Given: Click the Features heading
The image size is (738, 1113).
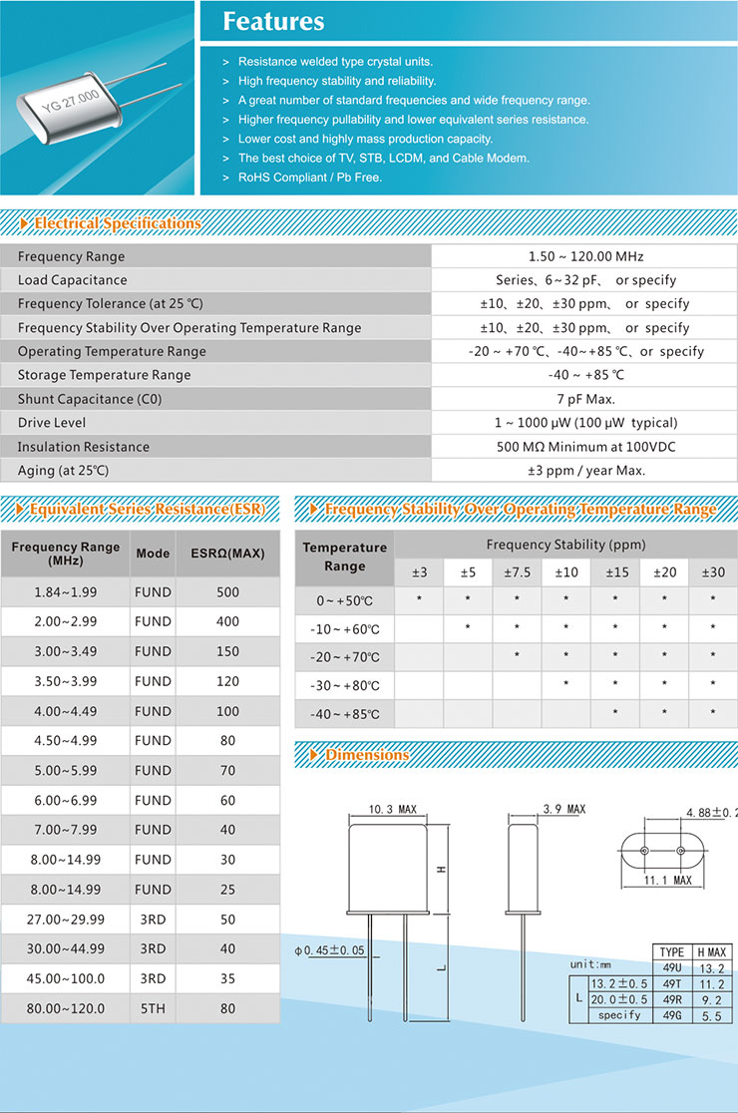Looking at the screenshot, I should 273,21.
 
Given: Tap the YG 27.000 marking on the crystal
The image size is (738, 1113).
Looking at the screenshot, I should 70,101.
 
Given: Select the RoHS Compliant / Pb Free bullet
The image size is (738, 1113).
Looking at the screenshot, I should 310,178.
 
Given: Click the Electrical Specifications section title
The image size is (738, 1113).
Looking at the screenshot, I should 117,223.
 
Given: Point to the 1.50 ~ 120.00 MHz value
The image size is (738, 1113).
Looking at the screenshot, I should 585,256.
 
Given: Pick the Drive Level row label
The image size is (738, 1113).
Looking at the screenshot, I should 52,423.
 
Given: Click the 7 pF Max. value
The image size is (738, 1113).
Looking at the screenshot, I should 585,399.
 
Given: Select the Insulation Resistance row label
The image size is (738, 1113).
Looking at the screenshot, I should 84,447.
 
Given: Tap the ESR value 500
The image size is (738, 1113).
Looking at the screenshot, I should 227,592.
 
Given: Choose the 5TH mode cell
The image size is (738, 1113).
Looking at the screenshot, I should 153,1008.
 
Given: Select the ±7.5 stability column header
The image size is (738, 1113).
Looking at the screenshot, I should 517,572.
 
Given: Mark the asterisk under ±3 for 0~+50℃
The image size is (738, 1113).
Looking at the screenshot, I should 420,600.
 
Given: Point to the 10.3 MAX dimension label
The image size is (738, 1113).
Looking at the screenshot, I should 392,810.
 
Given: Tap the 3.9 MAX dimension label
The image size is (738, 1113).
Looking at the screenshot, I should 564,809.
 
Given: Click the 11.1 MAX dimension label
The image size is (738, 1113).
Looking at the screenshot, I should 668,881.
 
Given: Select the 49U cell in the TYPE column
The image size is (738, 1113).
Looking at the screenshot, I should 672,967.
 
